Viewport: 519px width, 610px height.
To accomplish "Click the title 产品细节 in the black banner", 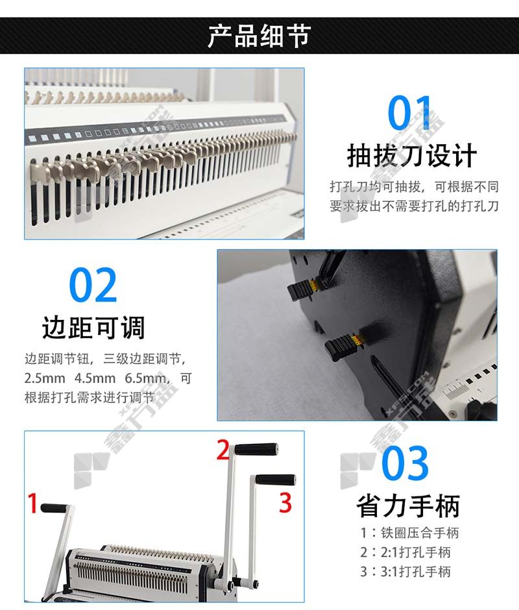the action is click(x=259, y=36).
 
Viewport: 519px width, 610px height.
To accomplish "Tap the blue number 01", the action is click(x=409, y=113).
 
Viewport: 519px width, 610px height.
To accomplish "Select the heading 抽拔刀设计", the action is click(x=412, y=155).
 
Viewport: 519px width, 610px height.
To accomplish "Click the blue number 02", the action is click(x=93, y=285).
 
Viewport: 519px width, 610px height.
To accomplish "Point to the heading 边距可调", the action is click(x=93, y=328).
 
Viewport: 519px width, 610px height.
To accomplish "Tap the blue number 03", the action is click(x=405, y=463).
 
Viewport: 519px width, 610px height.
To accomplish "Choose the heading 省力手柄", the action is click(x=408, y=506).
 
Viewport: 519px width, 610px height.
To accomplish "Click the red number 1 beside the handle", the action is click(x=32, y=503).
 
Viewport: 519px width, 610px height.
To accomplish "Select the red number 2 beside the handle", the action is click(x=223, y=450).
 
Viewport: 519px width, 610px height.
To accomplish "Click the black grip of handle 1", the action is click(x=54, y=508).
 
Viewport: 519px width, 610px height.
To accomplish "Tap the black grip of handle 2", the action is click(x=256, y=449).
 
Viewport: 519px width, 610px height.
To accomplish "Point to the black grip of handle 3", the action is click(x=276, y=480).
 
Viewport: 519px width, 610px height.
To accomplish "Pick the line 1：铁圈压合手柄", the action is click(x=409, y=533).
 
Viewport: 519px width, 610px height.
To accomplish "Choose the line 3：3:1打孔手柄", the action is click(x=405, y=572).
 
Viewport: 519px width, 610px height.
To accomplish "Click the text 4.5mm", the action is click(x=95, y=378).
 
